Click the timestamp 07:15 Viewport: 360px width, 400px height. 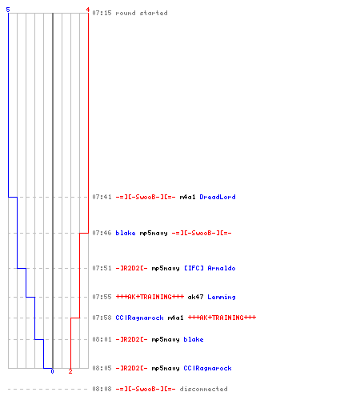[102, 13]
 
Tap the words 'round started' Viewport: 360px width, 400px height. [142, 13]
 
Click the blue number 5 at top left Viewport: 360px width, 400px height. [8, 10]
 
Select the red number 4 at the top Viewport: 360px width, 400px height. [88, 10]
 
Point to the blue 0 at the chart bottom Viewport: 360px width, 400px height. [52, 371]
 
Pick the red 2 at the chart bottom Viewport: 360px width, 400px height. [70, 371]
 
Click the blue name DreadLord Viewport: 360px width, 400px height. [218, 197]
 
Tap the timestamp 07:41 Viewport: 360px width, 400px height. [102, 197]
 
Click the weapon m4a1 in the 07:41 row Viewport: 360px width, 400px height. [187, 197]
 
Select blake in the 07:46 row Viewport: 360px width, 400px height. [126, 233]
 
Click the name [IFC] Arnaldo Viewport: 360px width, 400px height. [210, 268]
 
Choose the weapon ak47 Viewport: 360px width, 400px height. [195, 297]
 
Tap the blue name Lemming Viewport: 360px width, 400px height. [222, 297]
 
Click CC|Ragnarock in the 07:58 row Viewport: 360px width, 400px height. [139, 318]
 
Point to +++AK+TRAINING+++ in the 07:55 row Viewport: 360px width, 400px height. [150, 297]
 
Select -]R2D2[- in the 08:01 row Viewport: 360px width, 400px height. [131, 339]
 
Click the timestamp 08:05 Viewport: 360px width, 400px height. [102, 368]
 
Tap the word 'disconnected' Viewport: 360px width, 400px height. [203, 389]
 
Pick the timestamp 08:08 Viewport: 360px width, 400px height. [102, 389]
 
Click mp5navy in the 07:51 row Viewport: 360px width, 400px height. [166, 268]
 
